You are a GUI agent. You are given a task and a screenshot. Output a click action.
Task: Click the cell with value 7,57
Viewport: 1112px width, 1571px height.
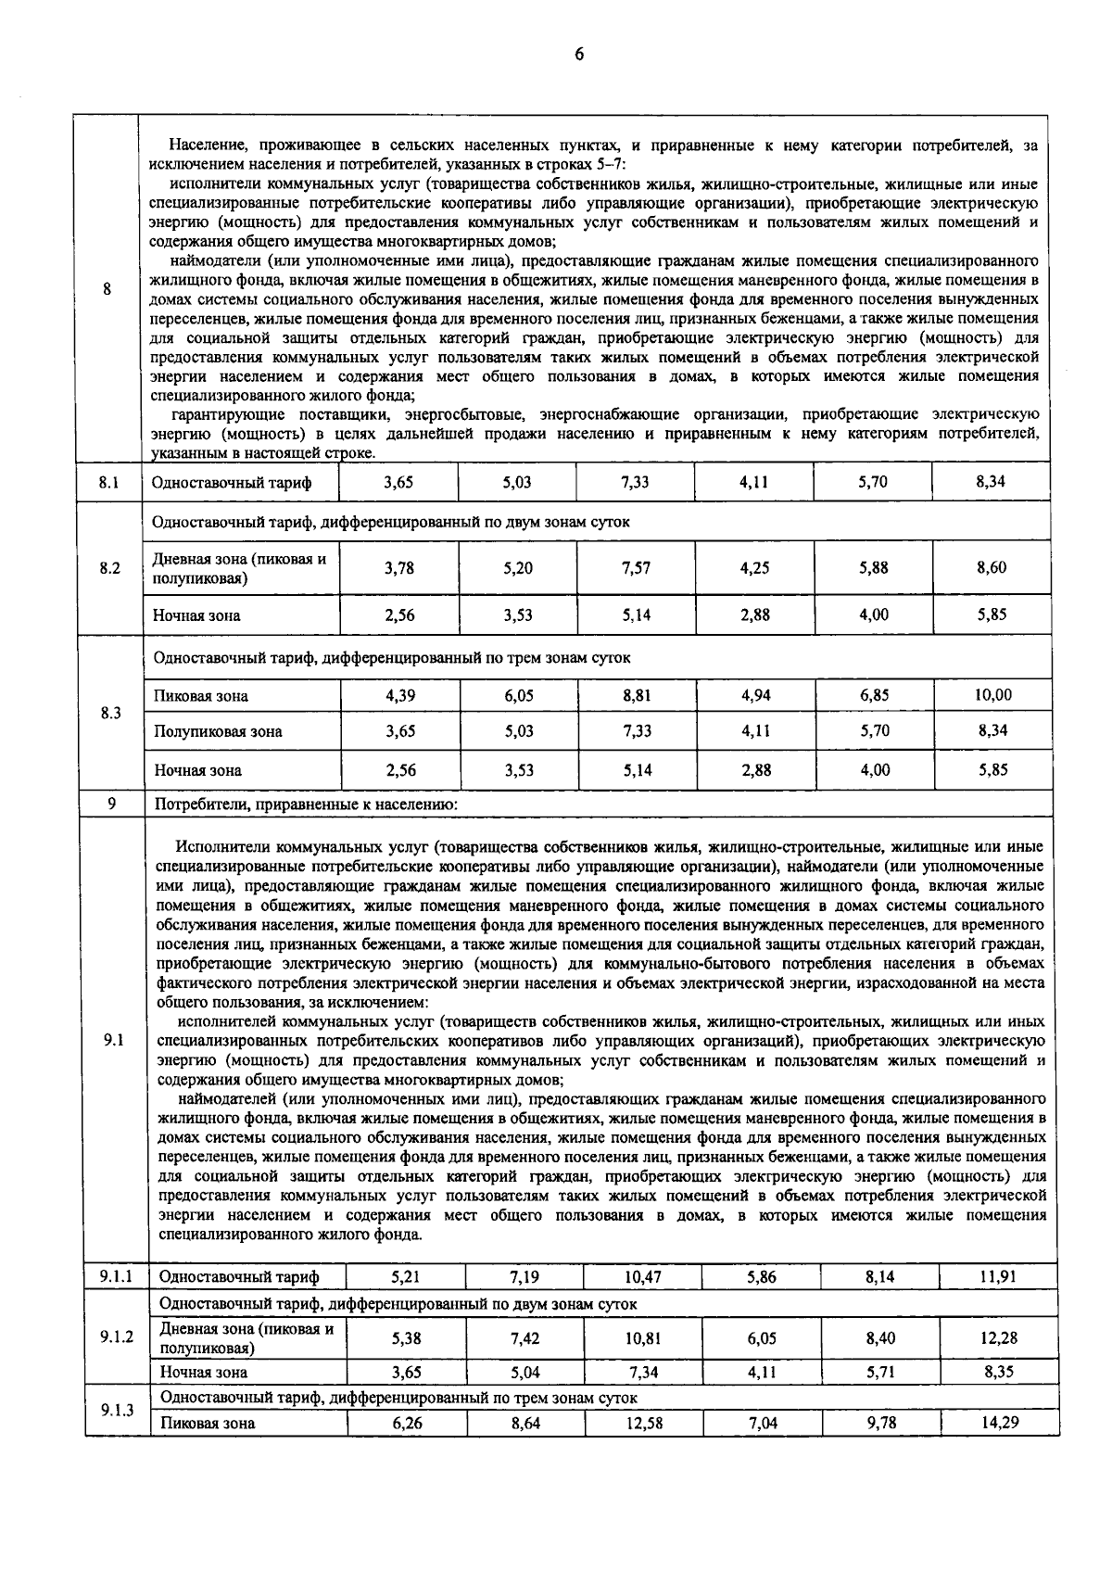pos(637,568)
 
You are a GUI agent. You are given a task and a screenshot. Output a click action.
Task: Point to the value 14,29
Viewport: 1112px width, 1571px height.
pos(999,1422)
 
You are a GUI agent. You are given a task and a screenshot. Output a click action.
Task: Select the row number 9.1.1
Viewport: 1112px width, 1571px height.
pos(117,1276)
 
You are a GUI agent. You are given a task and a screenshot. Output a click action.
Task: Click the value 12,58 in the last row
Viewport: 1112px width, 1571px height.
pos(643,1422)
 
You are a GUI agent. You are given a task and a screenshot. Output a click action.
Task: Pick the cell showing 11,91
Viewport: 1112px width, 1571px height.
pos(999,1276)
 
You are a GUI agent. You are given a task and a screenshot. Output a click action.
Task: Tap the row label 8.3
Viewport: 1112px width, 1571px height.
pos(109,713)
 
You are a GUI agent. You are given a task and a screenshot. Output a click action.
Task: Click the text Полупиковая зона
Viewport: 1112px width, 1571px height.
pos(219,731)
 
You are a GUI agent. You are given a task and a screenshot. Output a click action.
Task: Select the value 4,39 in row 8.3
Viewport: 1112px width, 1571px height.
pos(399,694)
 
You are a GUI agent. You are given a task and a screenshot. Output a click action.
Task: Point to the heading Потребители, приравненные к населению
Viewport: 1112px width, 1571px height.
pos(306,804)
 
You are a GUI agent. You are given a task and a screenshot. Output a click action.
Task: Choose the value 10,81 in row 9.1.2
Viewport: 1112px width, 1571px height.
pos(643,1338)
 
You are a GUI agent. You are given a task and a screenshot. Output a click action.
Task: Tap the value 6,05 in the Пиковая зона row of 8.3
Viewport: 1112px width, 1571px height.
pos(518,694)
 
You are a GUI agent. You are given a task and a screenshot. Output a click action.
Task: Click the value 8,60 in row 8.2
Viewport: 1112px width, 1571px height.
pos(992,568)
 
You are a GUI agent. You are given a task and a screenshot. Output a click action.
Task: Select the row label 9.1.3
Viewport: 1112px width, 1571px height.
pos(117,1410)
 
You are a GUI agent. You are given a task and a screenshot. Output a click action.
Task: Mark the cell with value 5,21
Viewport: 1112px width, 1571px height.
pos(407,1276)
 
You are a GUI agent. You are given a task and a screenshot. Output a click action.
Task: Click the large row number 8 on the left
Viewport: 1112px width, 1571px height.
pos(107,288)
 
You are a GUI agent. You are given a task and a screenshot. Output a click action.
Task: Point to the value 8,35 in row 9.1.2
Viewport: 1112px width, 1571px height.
pos(999,1372)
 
